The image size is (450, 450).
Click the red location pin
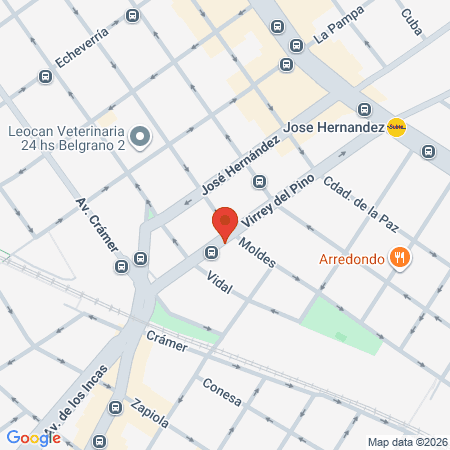tap(225, 223)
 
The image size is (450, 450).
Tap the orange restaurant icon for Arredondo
tap(401, 258)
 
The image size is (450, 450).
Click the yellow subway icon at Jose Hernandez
tap(397, 127)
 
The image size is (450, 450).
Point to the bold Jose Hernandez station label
tap(333, 128)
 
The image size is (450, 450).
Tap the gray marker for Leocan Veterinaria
tap(140, 135)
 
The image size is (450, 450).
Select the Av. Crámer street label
tap(97, 231)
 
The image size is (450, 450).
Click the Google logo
tap(33, 437)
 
